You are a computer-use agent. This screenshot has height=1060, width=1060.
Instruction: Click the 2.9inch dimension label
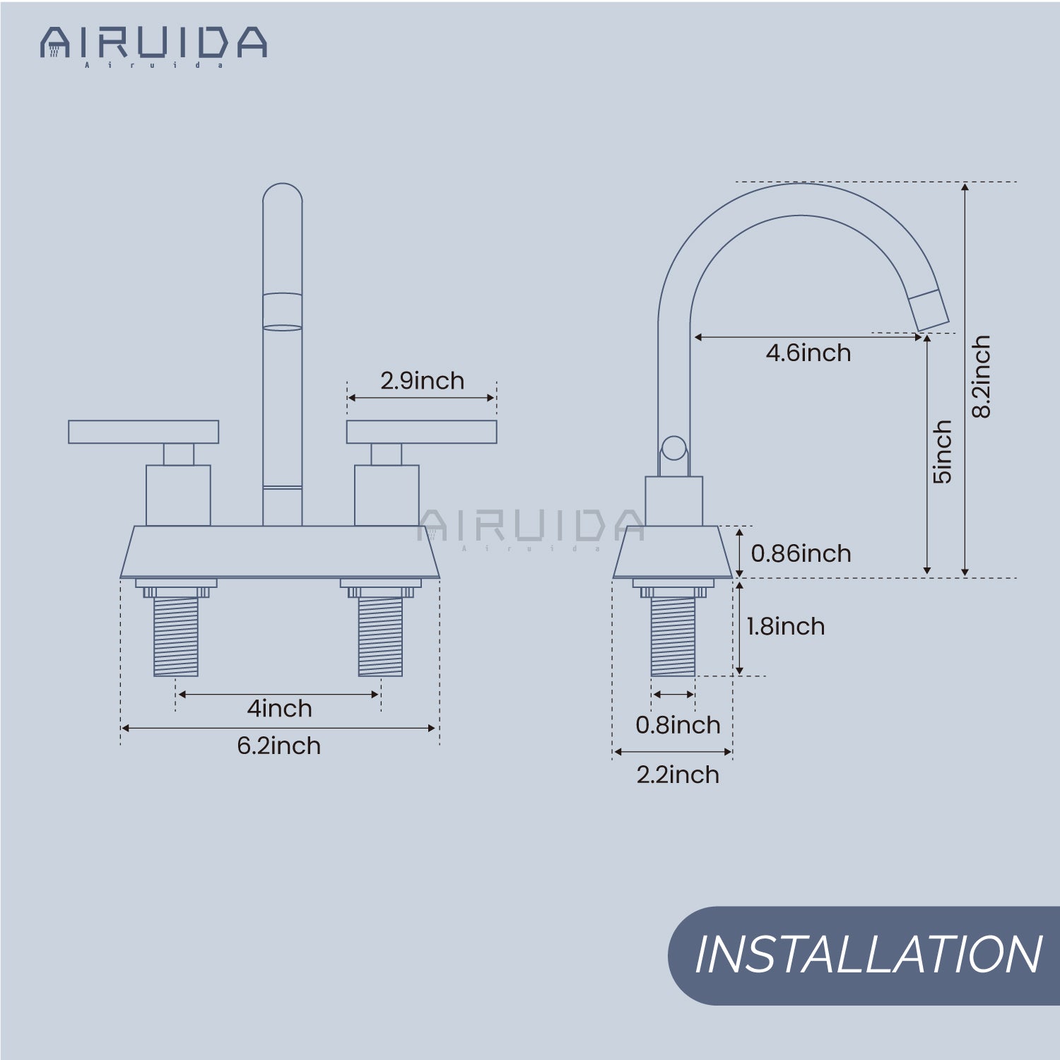(x=422, y=381)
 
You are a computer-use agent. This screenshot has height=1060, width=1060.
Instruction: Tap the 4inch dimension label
(x=279, y=708)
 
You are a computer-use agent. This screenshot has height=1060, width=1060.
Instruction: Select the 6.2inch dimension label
(x=278, y=746)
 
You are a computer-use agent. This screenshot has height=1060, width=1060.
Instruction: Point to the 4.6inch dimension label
(x=808, y=353)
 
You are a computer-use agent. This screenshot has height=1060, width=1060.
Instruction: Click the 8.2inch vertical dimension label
(x=982, y=377)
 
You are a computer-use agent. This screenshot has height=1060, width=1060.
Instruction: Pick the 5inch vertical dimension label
(x=943, y=452)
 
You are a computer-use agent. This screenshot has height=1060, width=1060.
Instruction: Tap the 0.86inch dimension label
(x=801, y=553)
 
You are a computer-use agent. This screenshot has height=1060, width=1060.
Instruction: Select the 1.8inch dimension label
(x=786, y=626)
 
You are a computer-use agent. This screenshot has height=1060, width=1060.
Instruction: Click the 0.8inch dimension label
(x=678, y=725)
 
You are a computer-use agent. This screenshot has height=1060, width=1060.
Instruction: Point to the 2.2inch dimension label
(x=678, y=775)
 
